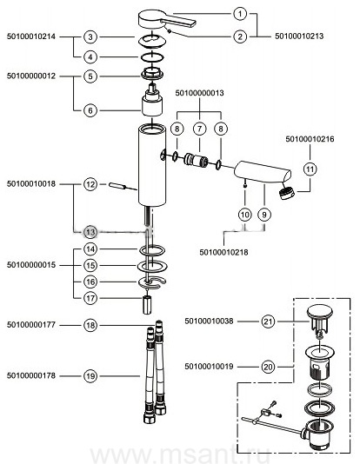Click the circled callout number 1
click(240, 14)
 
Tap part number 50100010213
click(299, 36)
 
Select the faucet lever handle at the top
click(167, 20)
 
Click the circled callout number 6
click(90, 110)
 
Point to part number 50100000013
click(199, 93)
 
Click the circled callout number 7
click(199, 129)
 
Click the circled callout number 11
click(310, 169)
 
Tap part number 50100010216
click(310, 139)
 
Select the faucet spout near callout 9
click(263, 172)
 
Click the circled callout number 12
click(90, 184)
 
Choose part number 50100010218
click(223, 252)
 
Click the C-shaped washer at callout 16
click(153, 282)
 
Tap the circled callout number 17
click(90, 298)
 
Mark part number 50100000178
click(31, 375)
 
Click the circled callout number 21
click(268, 321)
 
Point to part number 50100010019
click(209, 367)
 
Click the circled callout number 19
click(90, 376)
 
